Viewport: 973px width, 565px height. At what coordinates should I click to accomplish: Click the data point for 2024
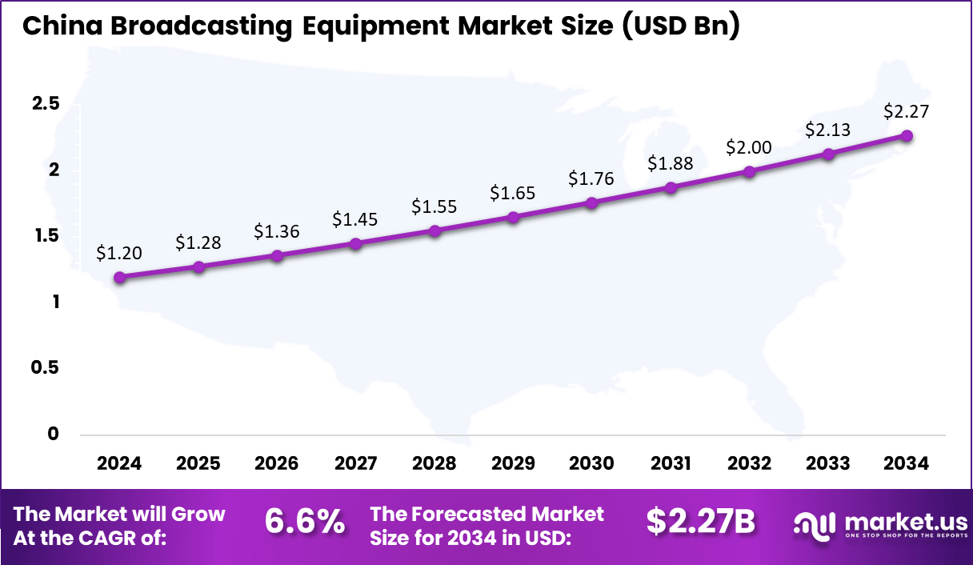[x=120, y=278]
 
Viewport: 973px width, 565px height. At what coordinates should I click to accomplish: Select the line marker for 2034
[x=907, y=136]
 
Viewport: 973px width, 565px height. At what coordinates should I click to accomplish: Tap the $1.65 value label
[x=513, y=193]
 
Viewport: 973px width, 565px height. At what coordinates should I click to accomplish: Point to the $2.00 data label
[x=749, y=147]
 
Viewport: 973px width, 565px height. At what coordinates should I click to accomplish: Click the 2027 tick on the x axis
[x=356, y=464]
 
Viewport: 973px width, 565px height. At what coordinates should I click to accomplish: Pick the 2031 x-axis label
[x=671, y=464]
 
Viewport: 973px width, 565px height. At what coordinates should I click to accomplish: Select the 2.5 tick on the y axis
[x=46, y=104]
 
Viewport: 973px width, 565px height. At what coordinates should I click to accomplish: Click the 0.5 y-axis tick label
[x=46, y=367]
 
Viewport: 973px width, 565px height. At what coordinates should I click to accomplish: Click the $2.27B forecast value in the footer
[x=701, y=523]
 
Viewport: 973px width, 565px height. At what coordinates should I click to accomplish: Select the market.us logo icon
[x=815, y=524]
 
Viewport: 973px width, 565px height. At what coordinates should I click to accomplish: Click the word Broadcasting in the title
[x=186, y=26]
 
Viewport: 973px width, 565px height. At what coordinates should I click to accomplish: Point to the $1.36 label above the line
[x=277, y=231]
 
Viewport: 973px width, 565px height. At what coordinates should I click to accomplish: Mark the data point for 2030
[x=592, y=203]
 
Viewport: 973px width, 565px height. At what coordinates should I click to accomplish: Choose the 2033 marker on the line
[x=828, y=154]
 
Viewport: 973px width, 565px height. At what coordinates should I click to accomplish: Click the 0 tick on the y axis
[x=54, y=434]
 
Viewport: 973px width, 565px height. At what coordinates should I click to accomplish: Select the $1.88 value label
[x=671, y=163]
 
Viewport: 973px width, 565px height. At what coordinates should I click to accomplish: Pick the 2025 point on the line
[x=198, y=266]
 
